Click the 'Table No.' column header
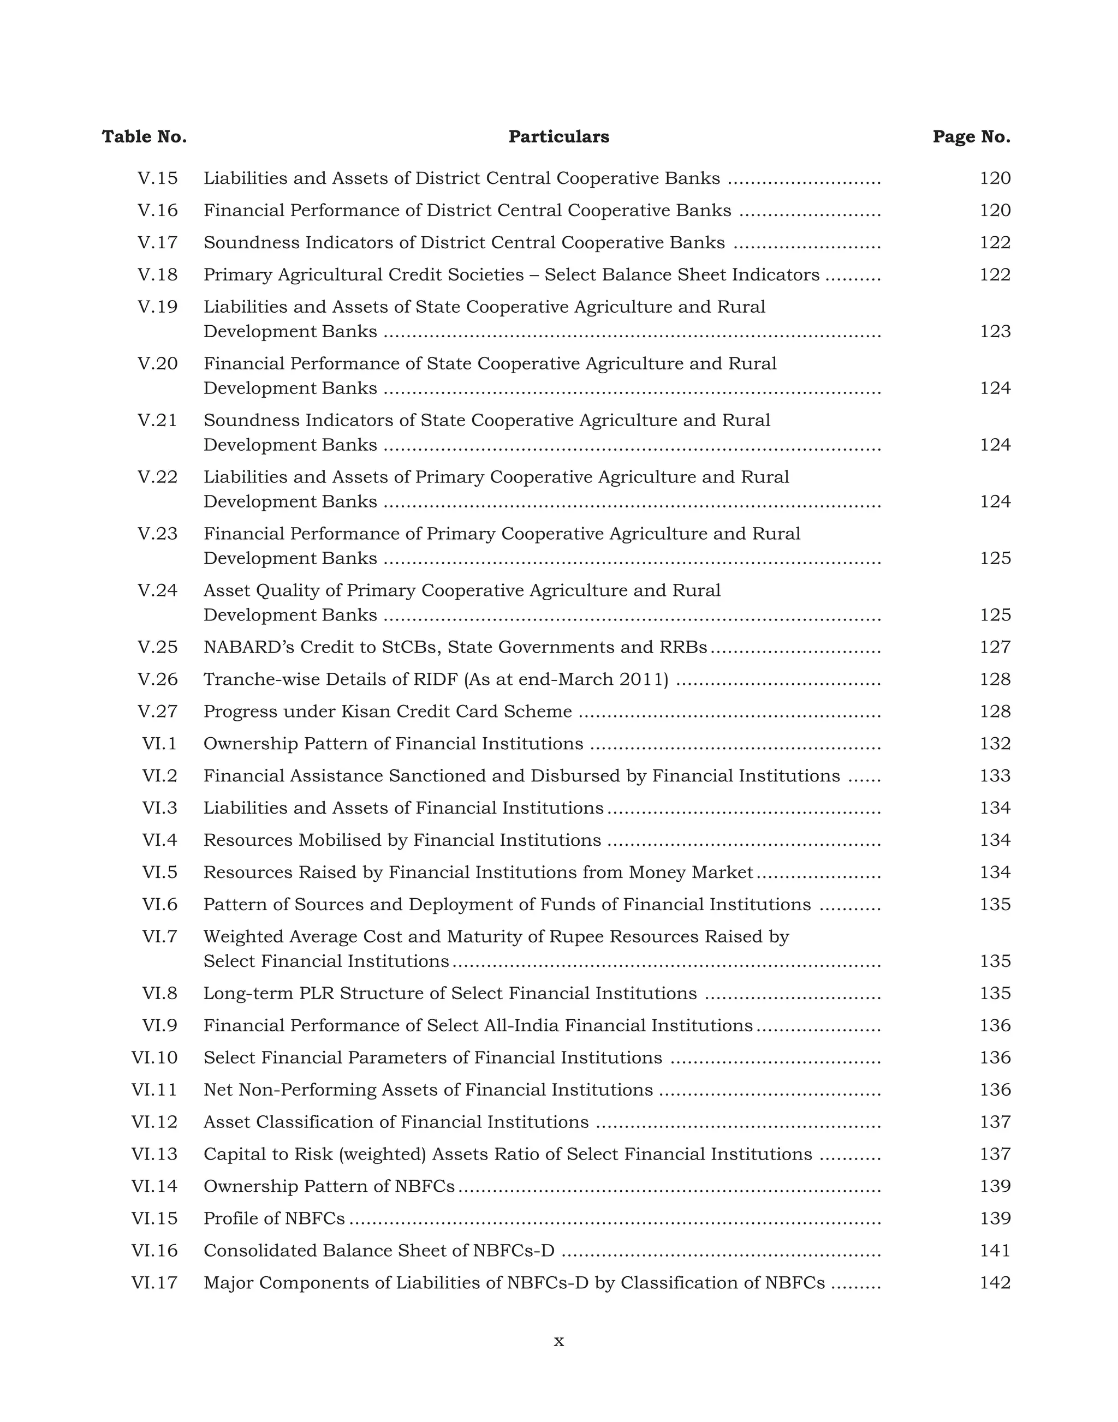click(x=144, y=137)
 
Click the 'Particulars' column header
click(x=558, y=137)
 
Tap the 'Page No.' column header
click(x=971, y=137)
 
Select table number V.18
click(x=157, y=275)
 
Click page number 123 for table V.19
click(x=995, y=332)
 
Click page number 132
click(x=995, y=743)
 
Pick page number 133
click(x=995, y=775)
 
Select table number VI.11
click(x=154, y=1090)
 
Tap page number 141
click(x=995, y=1251)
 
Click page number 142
click(x=995, y=1283)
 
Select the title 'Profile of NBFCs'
click(x=273, y=1218)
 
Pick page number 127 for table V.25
click(x=995, y=647)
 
